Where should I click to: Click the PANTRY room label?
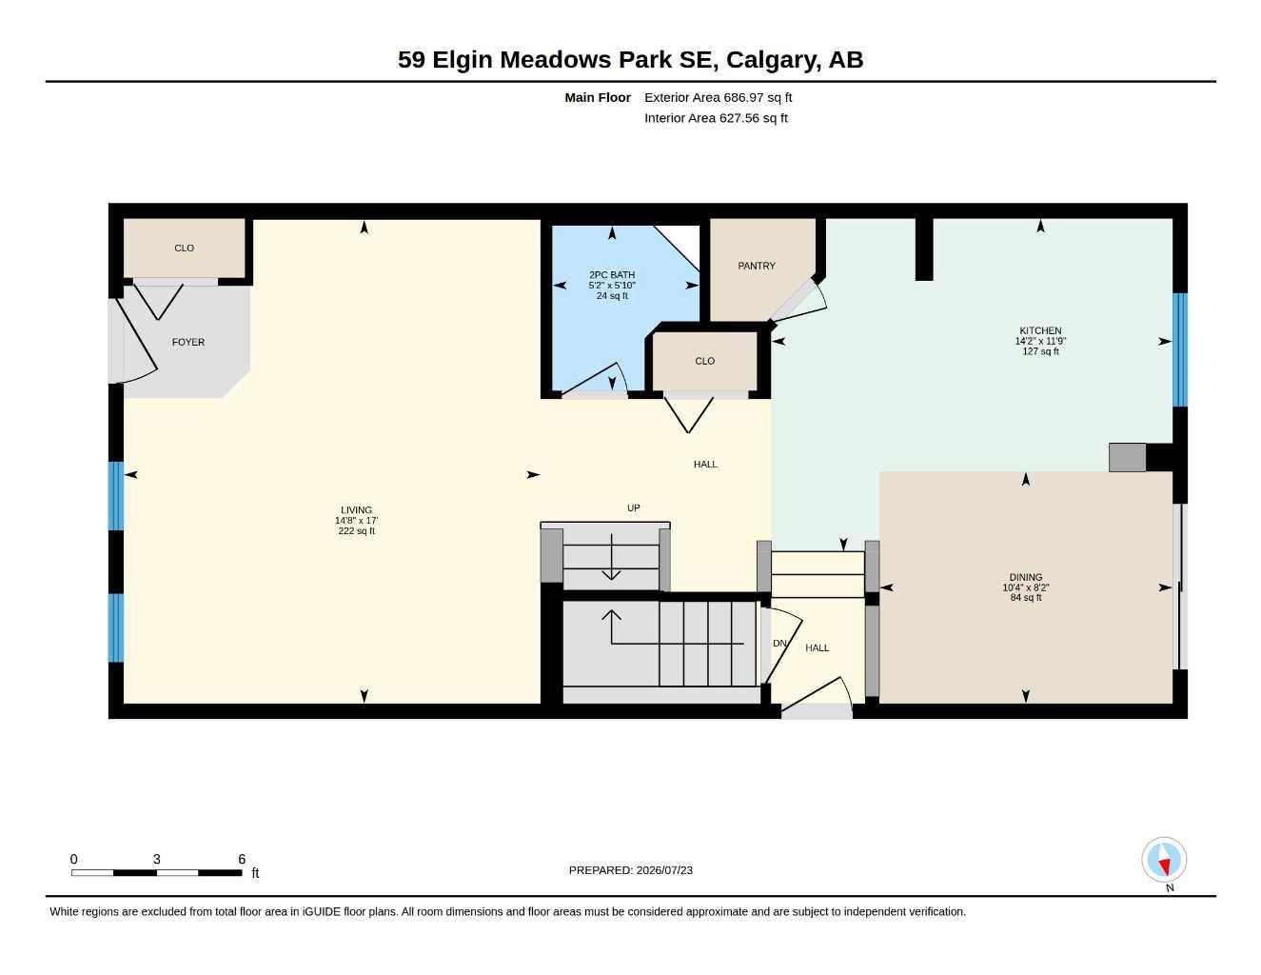tap(757, 266)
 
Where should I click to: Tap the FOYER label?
tap(188, 343)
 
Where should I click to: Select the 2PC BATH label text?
tap(612, 275)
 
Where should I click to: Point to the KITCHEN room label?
tap(1040, 330)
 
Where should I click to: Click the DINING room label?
tap(1025, 577)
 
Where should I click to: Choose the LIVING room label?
tap(356, 510)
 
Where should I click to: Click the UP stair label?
tap(633, 507)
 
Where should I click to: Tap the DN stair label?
tap(779, 643)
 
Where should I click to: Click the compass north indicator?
tap(1164, 860)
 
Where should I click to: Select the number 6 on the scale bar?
tap(242, 859)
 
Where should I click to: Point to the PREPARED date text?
tap(630, 870)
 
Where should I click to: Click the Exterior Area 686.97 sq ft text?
tap(718, 97)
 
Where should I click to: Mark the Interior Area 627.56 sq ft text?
tap(716, 118)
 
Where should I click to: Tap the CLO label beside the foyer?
tap(184, 249)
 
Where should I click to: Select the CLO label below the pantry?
tap(704, 361)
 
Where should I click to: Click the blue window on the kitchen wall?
tap(1180, 349)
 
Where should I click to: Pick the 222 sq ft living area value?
tap(356, 531)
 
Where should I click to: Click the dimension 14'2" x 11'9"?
tap(1040, 341)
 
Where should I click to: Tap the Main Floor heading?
tap(597, 97)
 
